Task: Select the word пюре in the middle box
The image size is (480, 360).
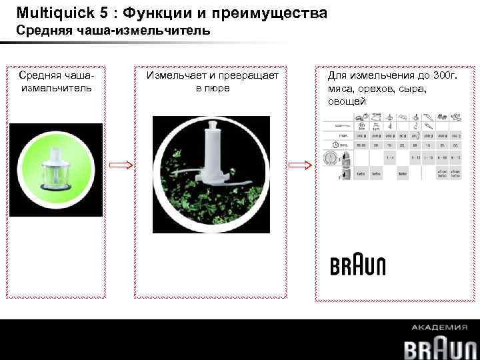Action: pyautogui.click(x=218, y=88)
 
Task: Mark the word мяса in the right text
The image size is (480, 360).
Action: pyautogui.click(x=340, y=88)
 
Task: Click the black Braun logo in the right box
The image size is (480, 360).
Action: pyautogui.click(x=358, y=265)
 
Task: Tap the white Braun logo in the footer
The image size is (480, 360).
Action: pyautogui.click(x=441, y=347)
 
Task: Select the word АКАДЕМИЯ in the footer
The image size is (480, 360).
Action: pyautogui.click(x=440, y=327)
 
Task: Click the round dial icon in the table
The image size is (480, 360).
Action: pyautogui.click(x=329, y=159)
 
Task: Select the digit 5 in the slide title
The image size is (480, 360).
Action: pyautogui.click(x=98, y=13)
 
